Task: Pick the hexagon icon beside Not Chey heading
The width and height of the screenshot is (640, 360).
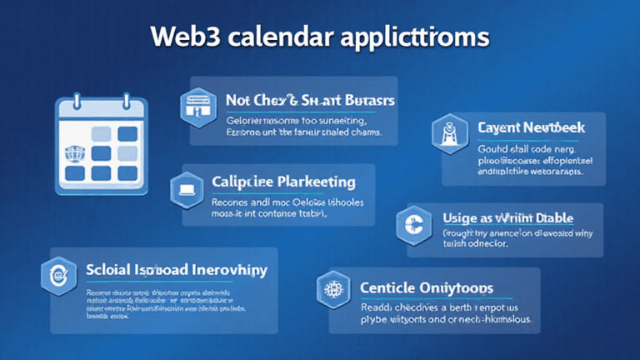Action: coord(193,104)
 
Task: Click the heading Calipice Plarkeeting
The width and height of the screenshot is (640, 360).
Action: coord(283,182)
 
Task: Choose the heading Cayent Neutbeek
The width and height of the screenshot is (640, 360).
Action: coord(532,127)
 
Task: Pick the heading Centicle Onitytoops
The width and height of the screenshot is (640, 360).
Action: coord(426,287)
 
